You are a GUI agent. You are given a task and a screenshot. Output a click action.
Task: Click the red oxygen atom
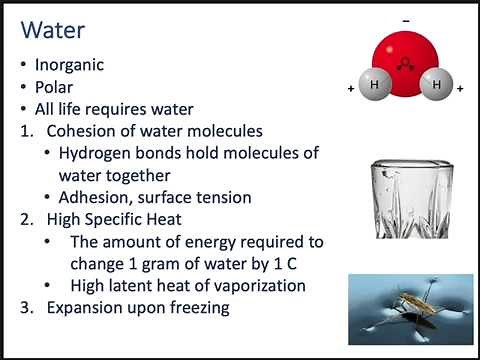click(406, 56)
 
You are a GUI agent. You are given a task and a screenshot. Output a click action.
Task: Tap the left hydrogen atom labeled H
click(374, 87)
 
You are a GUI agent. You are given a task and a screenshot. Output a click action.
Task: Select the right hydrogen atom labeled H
click(436, 87)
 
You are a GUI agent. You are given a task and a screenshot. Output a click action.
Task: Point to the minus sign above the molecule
click(405, 19)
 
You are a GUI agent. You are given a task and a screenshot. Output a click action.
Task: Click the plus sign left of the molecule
click(351, 89)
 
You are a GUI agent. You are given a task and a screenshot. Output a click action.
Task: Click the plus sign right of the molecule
click(460, 89)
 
